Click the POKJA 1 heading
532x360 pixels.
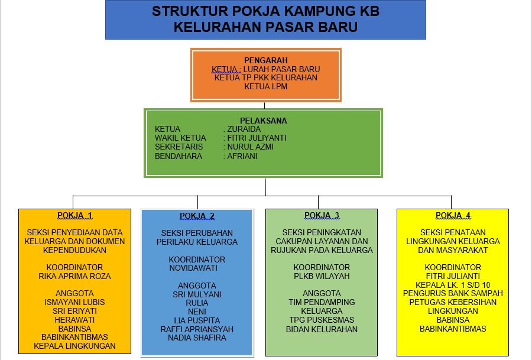click(x=74, y=215)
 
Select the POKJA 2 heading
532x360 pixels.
click(x=197, y=216)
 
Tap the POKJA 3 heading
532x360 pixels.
click(x=322, y=215)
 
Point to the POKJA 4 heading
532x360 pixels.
click(x=453, y=215)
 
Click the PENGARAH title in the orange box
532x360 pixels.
click(x=266, y=60)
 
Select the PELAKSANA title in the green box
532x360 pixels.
click(x=263, y=121)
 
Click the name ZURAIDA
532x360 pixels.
click(x=244, y=129)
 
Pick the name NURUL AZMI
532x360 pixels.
click(x=251, y=147)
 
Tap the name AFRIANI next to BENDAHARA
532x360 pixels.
click(x=242, y=157)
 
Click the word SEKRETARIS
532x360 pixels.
click(x=179, y=147)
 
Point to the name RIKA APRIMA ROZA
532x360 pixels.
click(x=74, y=276)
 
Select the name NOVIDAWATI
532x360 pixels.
click(x=193, y=268)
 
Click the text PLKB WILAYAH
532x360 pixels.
click(x=322, y=276)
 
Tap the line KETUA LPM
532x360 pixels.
click(x=266, y=86)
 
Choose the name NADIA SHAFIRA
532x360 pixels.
click(x=197, y=338)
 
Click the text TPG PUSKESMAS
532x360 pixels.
click(x=322, y=320)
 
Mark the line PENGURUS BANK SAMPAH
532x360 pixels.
click(x=453, y=293)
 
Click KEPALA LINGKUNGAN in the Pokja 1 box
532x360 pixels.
click(x=74, y=346)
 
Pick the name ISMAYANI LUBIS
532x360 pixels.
click(x=74, y=302)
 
